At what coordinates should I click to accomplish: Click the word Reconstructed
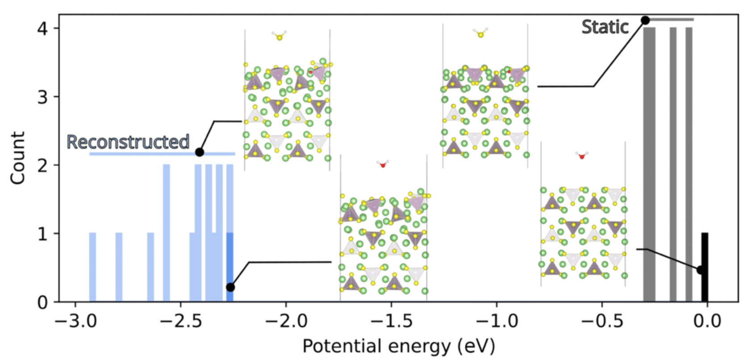128,142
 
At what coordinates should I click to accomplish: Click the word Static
605,27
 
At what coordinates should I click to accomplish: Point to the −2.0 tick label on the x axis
286,321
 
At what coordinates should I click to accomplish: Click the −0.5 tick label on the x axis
601,321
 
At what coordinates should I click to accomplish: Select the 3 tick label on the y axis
42,97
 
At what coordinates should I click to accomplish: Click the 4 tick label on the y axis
42,29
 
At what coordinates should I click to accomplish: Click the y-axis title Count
17,158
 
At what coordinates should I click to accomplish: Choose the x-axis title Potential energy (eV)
399,346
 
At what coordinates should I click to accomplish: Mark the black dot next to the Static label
645,20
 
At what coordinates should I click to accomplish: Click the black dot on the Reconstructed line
200,152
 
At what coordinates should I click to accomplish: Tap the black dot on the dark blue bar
230,287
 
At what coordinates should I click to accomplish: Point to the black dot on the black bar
701,270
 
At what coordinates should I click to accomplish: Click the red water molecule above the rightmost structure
581,155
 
